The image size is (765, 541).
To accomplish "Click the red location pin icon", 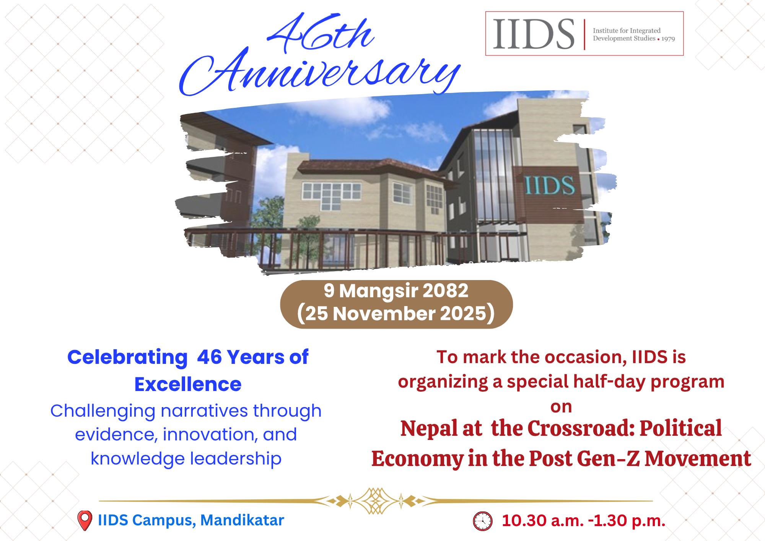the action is (x=85, y=520).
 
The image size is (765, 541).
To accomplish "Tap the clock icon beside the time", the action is (x=483, y=521).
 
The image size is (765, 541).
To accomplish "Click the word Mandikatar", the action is (x=242, y=520).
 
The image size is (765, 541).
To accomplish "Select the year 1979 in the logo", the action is (x=668, y=39).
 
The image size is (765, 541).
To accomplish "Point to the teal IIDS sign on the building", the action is (x=549, y=186).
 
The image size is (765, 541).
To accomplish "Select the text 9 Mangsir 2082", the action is (x=396, y=291).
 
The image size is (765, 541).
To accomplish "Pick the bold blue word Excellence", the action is (x=188, y=384).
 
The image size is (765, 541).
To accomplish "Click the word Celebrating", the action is (x=127, y=358).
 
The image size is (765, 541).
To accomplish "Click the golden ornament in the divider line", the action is (x=376, y=501).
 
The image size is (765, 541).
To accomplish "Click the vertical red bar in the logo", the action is (x=584, y=34).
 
